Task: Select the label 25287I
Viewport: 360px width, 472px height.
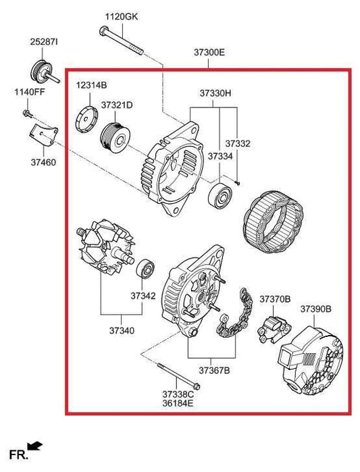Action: click(x=43, y=42)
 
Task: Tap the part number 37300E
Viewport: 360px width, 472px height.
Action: click(x=209, y=52)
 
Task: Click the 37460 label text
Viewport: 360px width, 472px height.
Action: click(x=43, y=162)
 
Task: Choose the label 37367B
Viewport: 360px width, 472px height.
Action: click(x=214, y=370)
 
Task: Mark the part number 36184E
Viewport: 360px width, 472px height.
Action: click(x=178, y=403)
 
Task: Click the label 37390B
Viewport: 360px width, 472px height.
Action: click(x=315, y=309)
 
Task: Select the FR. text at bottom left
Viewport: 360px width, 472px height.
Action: click(x=18, y=454)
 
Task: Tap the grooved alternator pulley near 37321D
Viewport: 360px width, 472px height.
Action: click(x=114, y=137)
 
